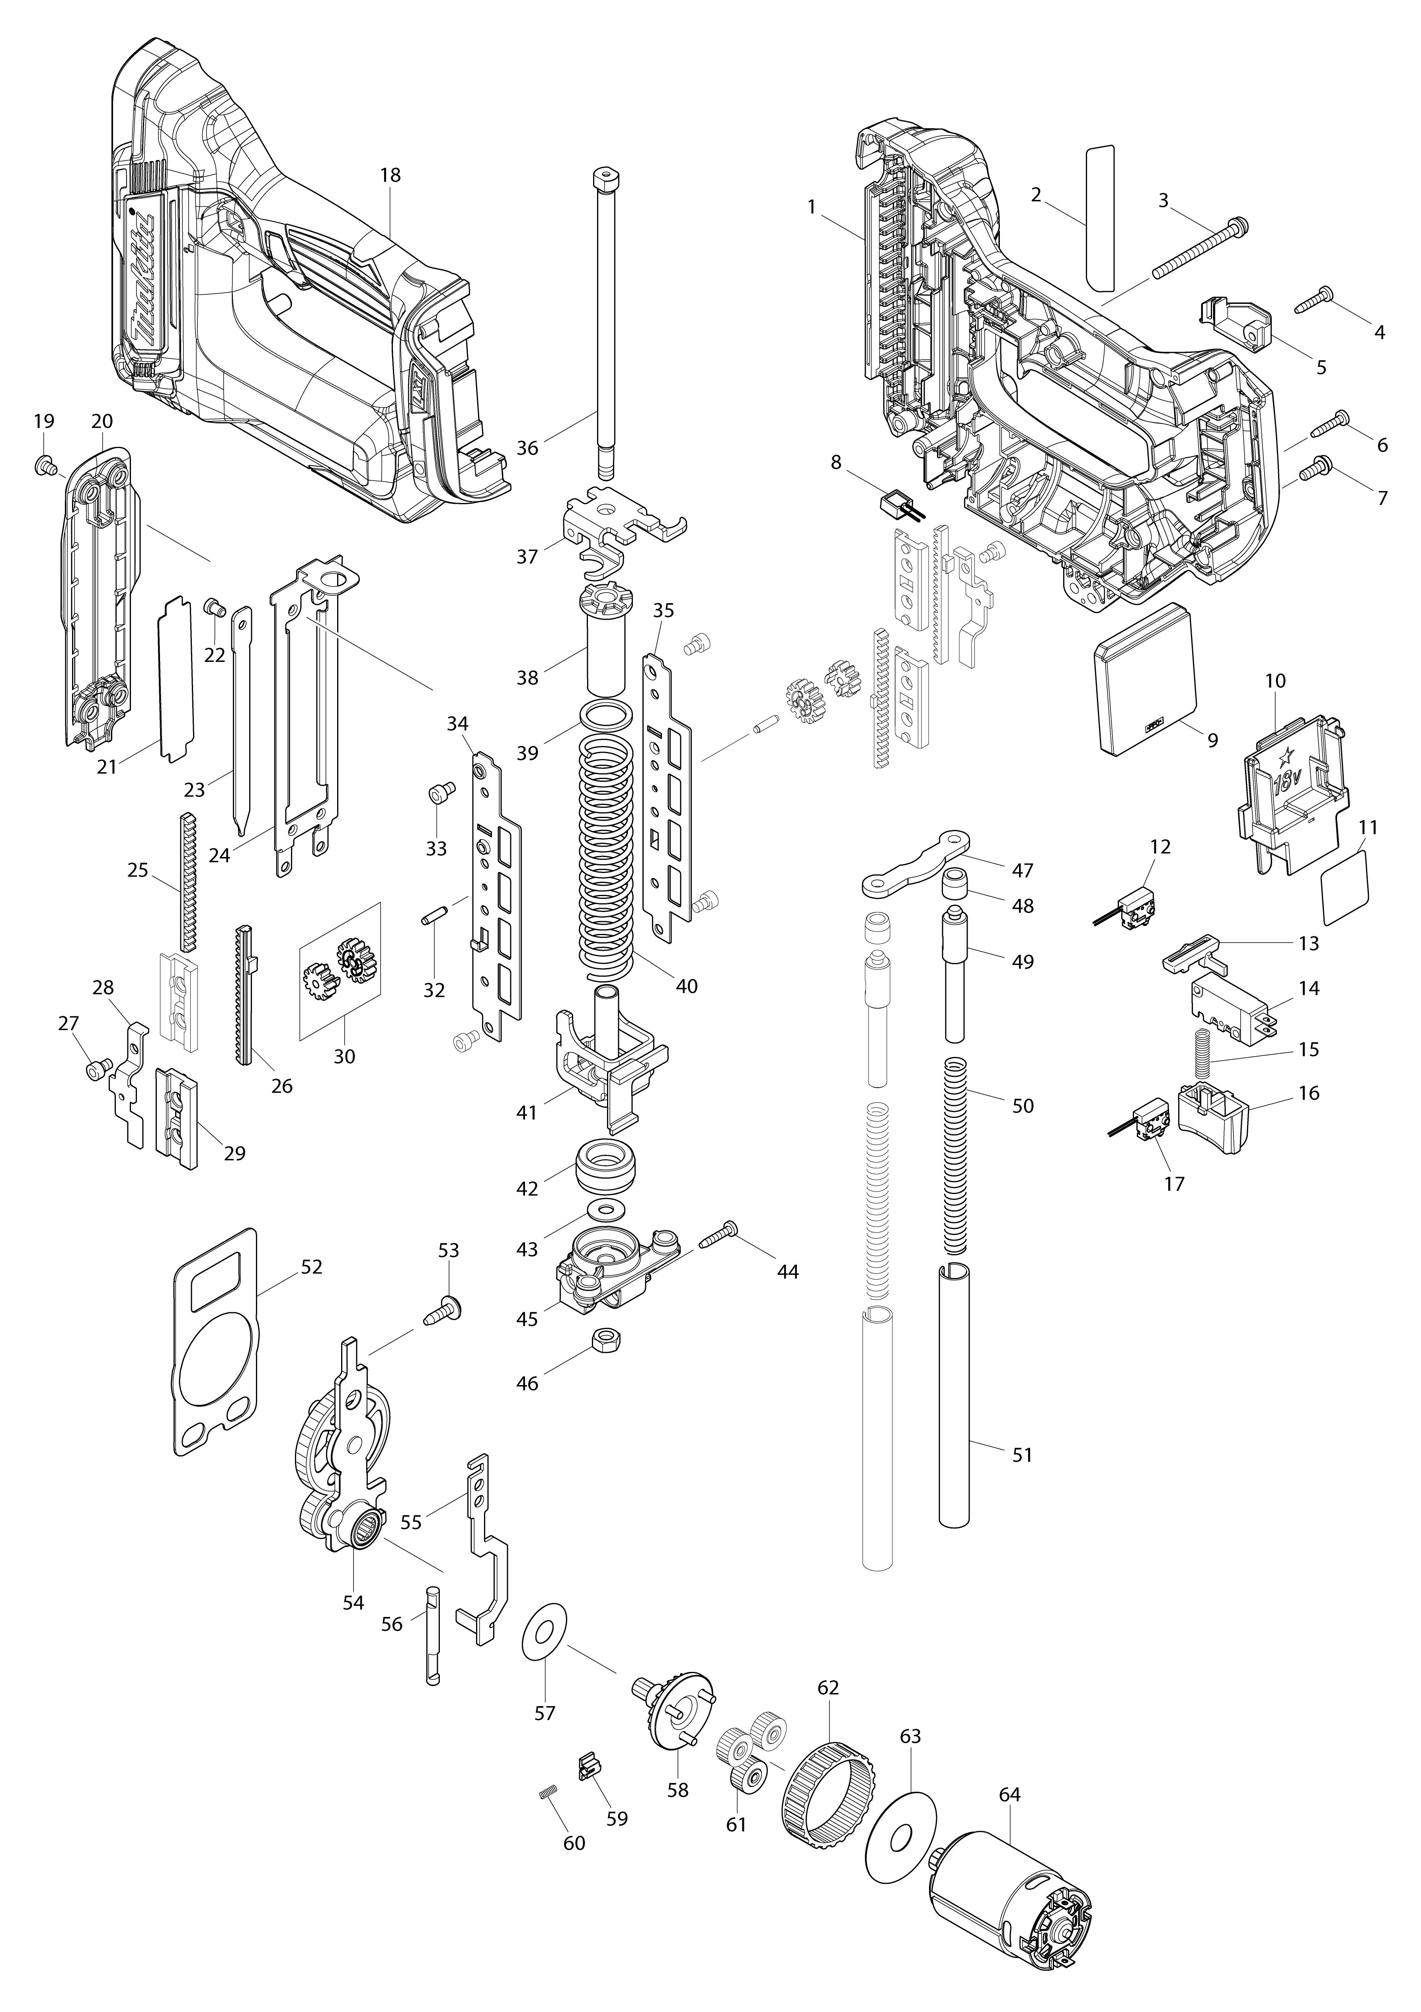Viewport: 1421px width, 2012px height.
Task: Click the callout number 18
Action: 390,175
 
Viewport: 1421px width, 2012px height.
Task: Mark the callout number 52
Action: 311,1267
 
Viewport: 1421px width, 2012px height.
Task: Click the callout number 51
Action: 1023,1455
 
